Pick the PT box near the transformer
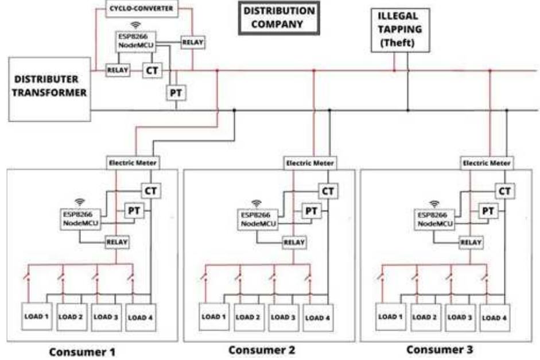(176, 92)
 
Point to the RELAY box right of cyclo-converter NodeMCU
(193, 42)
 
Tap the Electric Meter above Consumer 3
(486, 163)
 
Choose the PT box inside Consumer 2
(311, 211)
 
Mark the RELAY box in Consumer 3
(471, 242)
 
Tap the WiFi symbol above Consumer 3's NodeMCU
(434, 203)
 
